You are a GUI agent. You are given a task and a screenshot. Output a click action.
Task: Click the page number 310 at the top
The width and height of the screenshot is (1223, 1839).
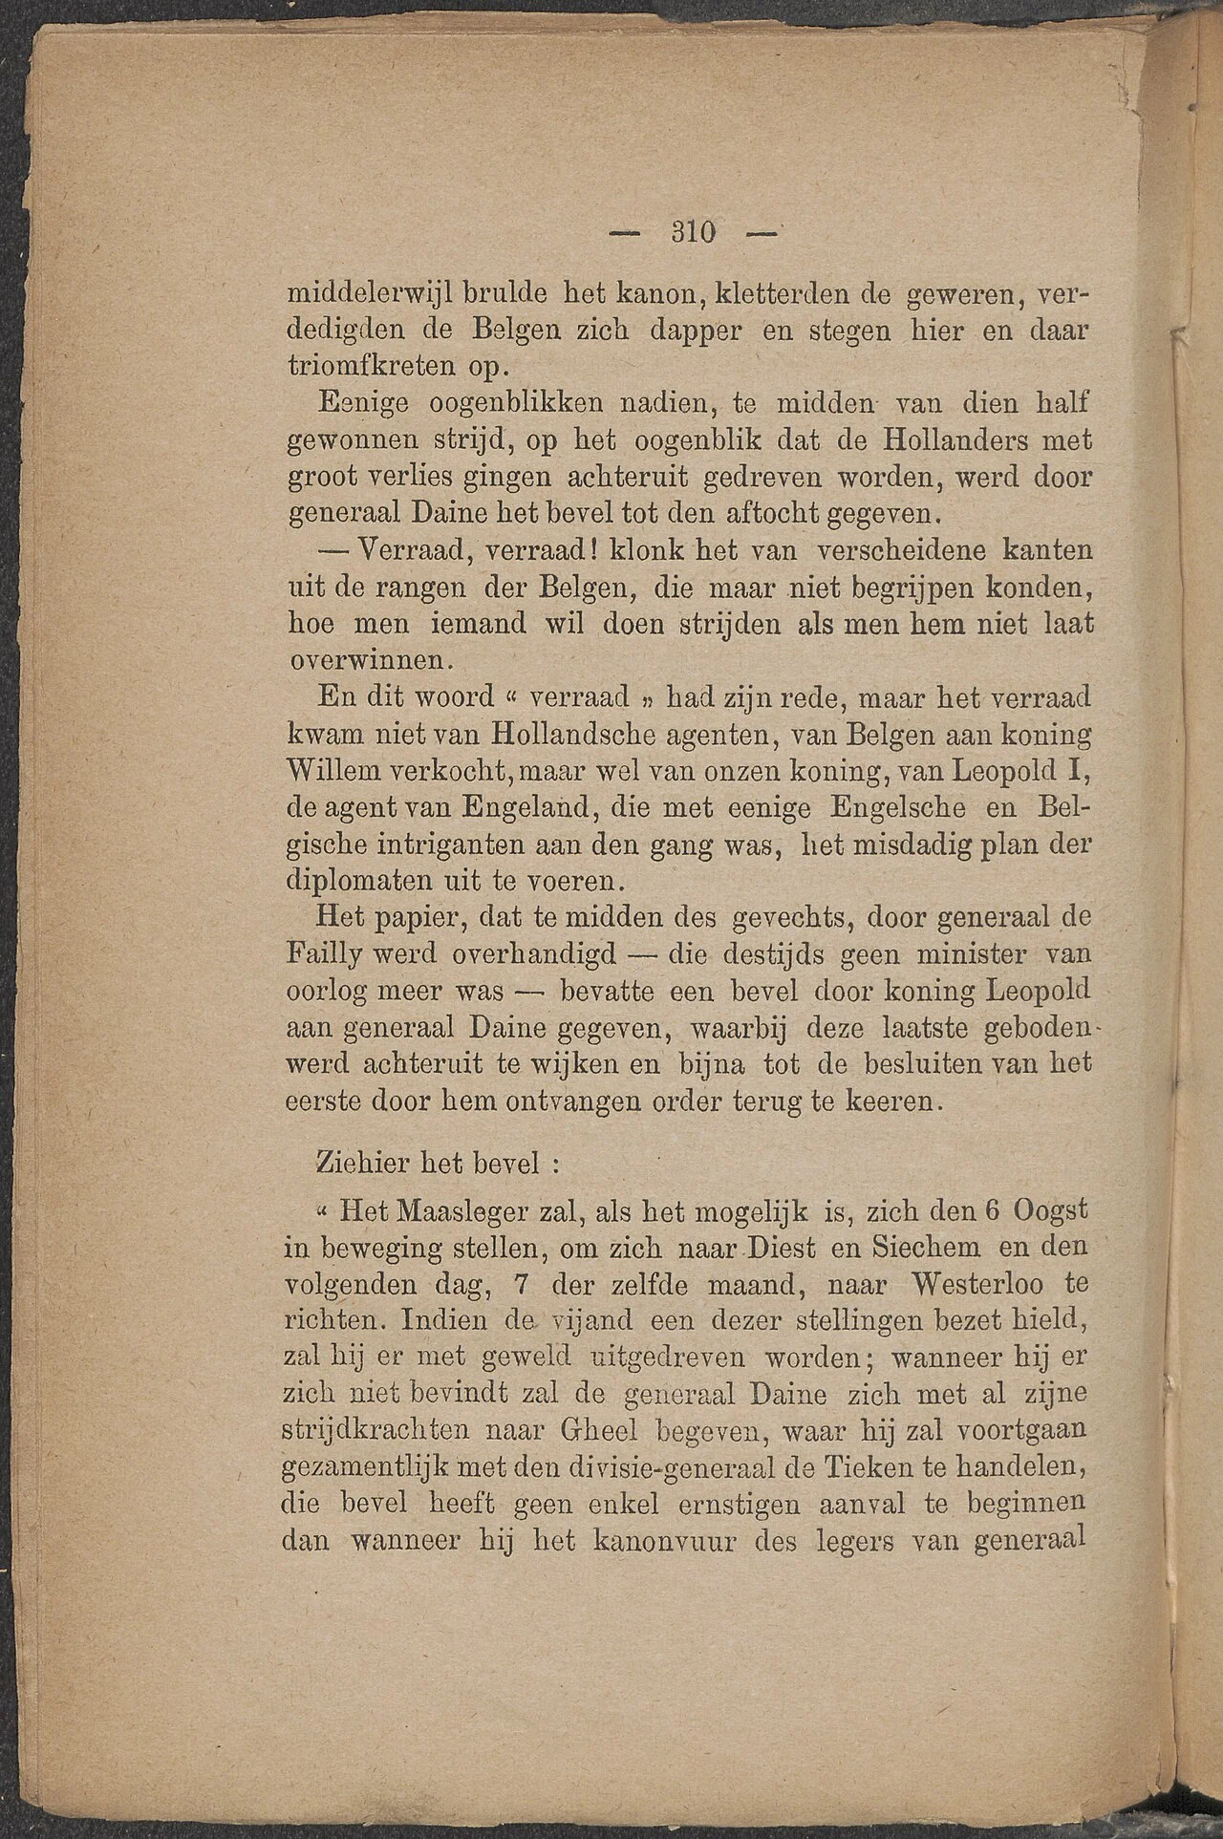pyautogui.click(x=696, y=232)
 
